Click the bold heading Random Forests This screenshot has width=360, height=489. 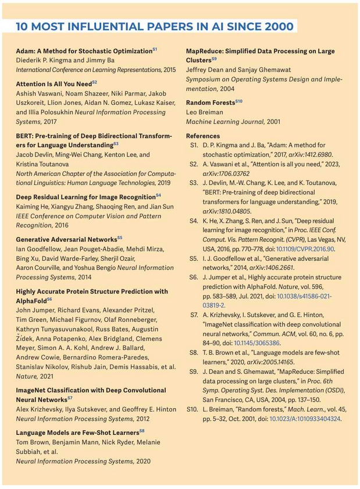pyautogui.click(x=211, y=102)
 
